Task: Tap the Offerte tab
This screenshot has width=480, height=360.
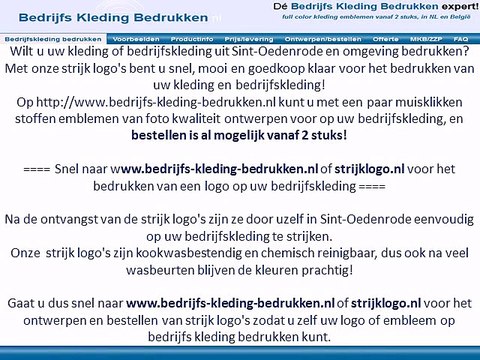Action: (384, 37)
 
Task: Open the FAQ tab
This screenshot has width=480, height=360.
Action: (460, 37)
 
